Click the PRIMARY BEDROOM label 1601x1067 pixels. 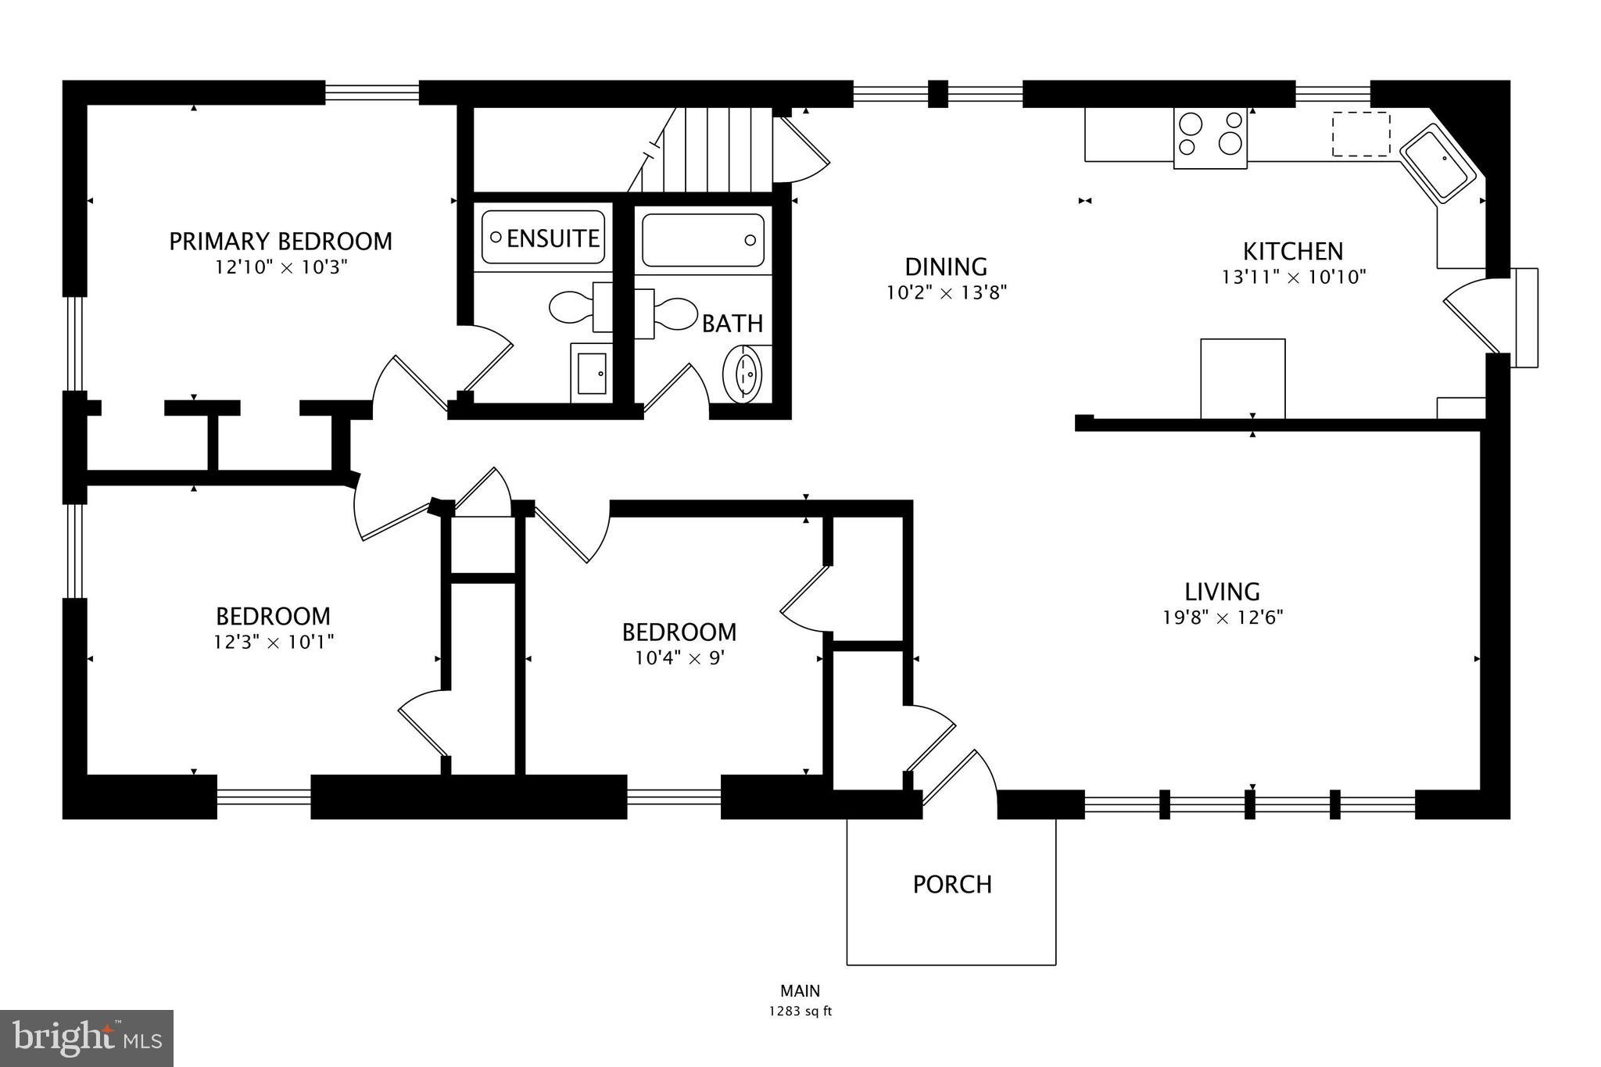(x=281, y=241)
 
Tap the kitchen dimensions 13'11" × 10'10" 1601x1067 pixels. (x=1293, y=277)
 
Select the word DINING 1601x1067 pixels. (x=946, y=267)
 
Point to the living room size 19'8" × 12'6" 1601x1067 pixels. (x=1223, y=618)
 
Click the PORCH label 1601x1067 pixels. (x=952, y=884)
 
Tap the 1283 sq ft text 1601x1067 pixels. (x=800, y=1011)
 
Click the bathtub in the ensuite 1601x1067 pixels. (x=543, y=237)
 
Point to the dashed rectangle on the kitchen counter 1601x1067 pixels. (x=1361, y=134)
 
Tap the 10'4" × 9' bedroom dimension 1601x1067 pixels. (x=679, y=658)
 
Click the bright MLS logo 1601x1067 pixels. (x=87, y=1038)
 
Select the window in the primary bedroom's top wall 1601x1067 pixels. (x=372, y=93)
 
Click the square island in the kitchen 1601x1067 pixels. (x=1242, y=378)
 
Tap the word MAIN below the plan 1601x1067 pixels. (x=800, y=991)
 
